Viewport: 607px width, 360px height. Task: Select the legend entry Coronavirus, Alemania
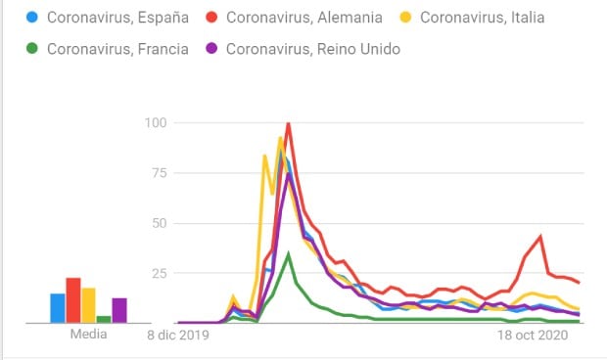click(x=303, y=18)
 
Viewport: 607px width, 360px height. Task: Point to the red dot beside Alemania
click(x=211, y=18)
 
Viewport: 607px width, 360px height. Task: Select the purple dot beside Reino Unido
click(x=211, y=49)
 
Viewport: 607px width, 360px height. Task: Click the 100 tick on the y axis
click(x=156, y=122)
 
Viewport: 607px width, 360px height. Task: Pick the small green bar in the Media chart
click(x=104, y=319)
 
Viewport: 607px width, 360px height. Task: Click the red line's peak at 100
click(x=288, y=124)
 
